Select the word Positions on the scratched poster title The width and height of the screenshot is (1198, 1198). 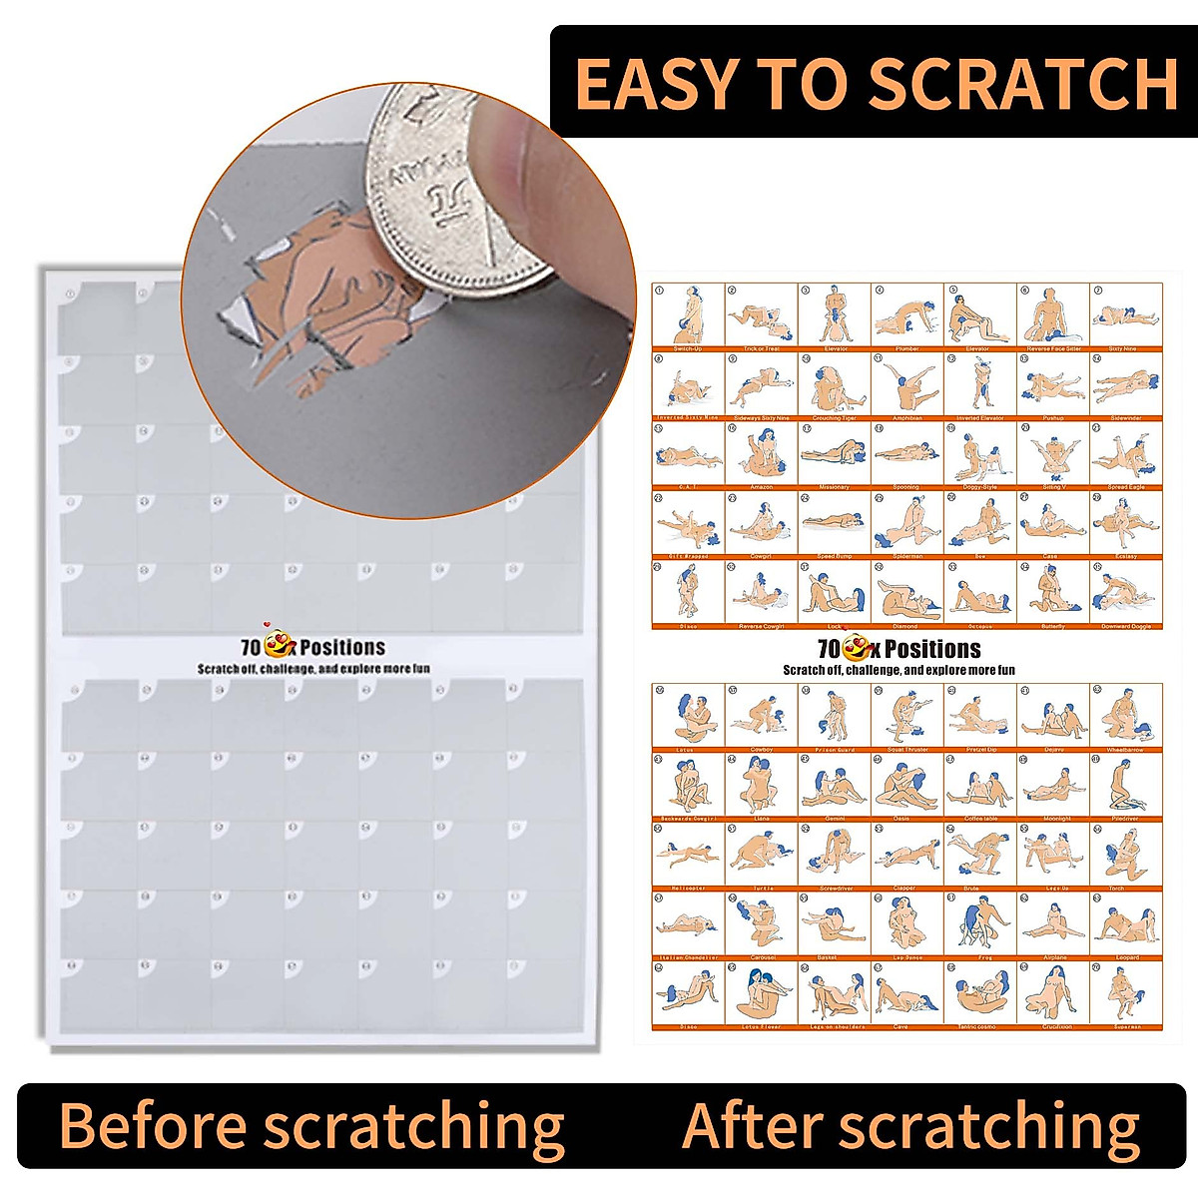coord(932,649)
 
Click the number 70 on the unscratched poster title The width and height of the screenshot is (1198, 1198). coord(251,647)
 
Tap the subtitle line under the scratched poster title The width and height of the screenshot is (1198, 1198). coord(898,670)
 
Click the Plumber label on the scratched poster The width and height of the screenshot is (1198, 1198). coord(906,348)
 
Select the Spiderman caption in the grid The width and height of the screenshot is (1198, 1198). coord(906,556)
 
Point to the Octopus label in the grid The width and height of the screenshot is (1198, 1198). coord(979,626)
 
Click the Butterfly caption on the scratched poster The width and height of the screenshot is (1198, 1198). coord(1053,626)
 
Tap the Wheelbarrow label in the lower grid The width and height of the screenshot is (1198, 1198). coord(1126,749)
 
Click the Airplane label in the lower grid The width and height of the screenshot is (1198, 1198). coord(1053,956)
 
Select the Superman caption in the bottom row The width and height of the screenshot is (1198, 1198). coord(1126,1025)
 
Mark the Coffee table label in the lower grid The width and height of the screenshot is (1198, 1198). coord(979,818)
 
